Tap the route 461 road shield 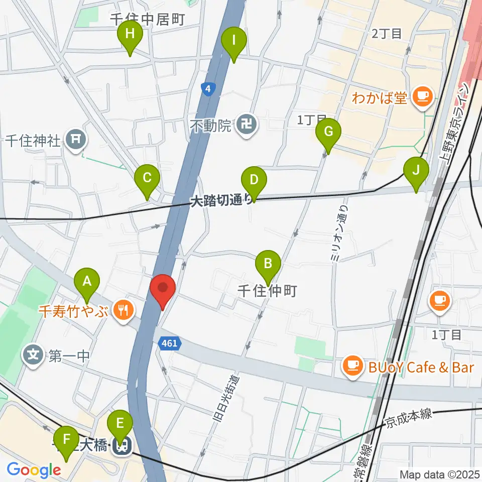click(170, 344)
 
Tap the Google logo click(34, 470)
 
